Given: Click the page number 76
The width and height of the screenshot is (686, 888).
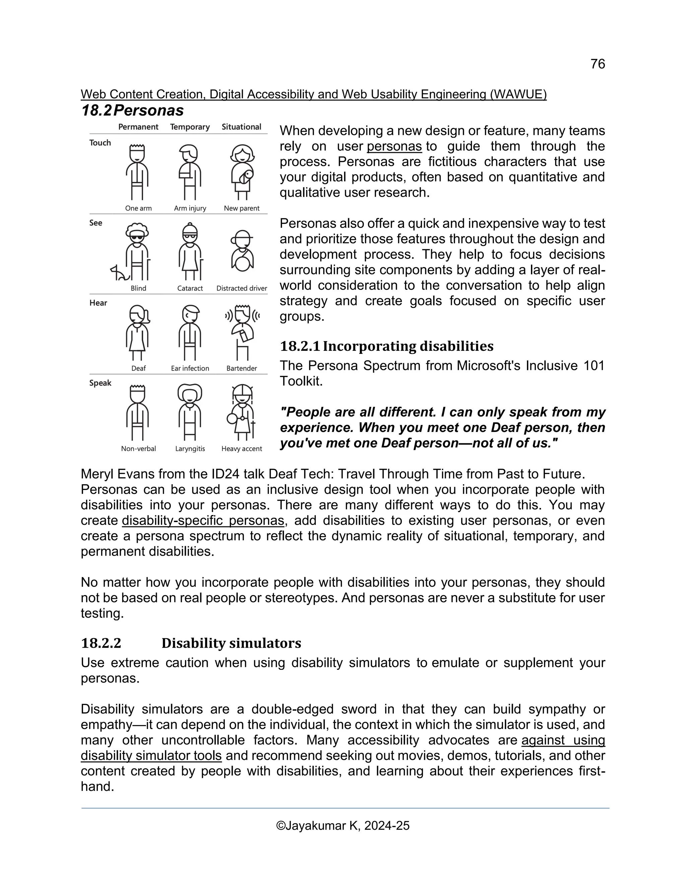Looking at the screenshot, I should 598,64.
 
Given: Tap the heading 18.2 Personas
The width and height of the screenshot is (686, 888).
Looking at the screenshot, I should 133,111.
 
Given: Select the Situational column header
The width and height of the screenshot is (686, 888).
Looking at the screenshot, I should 242,127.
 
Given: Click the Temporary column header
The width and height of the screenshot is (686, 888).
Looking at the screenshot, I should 190,127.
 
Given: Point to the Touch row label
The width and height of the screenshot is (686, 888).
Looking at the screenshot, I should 100,143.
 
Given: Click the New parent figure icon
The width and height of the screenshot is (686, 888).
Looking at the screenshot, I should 242,172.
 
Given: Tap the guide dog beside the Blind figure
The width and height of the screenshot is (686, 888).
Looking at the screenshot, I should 119,273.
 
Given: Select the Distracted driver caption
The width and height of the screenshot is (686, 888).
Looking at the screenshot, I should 242,288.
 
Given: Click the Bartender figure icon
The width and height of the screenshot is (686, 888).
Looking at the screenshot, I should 242,331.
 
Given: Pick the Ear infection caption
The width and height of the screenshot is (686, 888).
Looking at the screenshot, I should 190,368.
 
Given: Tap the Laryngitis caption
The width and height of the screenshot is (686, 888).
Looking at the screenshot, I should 190,449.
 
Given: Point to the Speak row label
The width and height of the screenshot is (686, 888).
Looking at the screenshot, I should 100,383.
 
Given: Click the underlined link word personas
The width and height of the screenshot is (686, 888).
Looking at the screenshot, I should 394,146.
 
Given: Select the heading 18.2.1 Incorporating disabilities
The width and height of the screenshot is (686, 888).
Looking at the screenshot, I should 387,346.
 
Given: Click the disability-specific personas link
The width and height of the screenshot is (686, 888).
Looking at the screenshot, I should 203,520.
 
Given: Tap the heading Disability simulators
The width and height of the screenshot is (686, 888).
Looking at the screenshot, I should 231,643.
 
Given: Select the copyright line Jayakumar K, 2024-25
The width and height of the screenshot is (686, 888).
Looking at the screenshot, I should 343,826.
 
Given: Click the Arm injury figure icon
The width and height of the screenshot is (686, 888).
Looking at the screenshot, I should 190,172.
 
